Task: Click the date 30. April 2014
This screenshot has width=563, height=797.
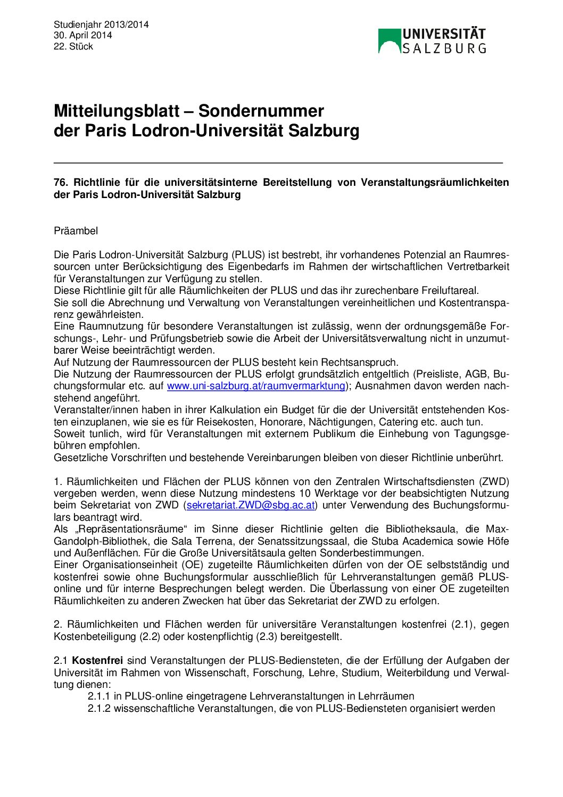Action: coord(83,35)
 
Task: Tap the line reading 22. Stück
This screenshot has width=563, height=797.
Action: coord(73,46)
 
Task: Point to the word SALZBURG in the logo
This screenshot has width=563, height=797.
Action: coord(444,48)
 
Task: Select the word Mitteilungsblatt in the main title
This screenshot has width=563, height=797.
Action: coord(117,111)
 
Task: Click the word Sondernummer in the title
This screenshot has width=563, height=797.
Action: coord(261,111)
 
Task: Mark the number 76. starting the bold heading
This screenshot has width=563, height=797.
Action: coord(61,183)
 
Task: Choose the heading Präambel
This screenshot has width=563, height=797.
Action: coord(76,231)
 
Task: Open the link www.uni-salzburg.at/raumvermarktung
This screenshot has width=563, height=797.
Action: coord(256,386)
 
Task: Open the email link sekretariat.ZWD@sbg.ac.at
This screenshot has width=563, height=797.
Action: coord(251,505)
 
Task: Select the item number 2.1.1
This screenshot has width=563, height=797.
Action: coord(99,696)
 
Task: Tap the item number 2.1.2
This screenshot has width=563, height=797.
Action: coord(99,709)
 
